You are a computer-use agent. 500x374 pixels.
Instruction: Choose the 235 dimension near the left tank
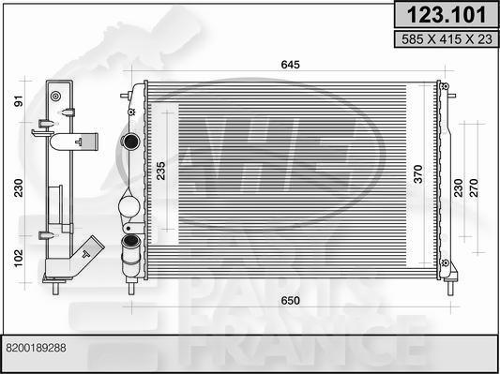click(160, 172)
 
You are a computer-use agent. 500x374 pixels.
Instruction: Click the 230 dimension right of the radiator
click(458, 187)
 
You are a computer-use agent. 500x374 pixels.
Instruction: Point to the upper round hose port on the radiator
click(130, 144)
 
